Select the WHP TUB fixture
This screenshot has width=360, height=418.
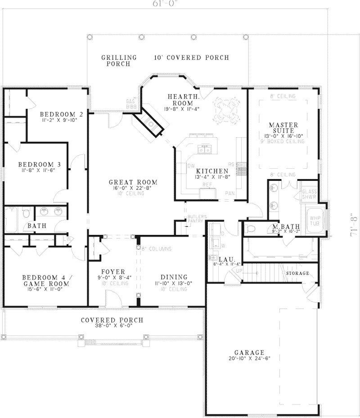coord(314,220)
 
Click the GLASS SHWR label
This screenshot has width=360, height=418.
coord(309,193)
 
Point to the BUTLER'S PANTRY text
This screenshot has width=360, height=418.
coord(197,219)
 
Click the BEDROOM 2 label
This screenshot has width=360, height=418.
coord(61,114)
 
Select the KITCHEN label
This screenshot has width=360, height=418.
coord(211,171)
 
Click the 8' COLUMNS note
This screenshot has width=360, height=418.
coord(157,248)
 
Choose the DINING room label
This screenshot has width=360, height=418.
coord(174,277)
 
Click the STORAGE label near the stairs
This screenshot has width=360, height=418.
coord(297,273)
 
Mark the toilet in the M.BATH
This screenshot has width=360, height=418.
coord(251,228)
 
